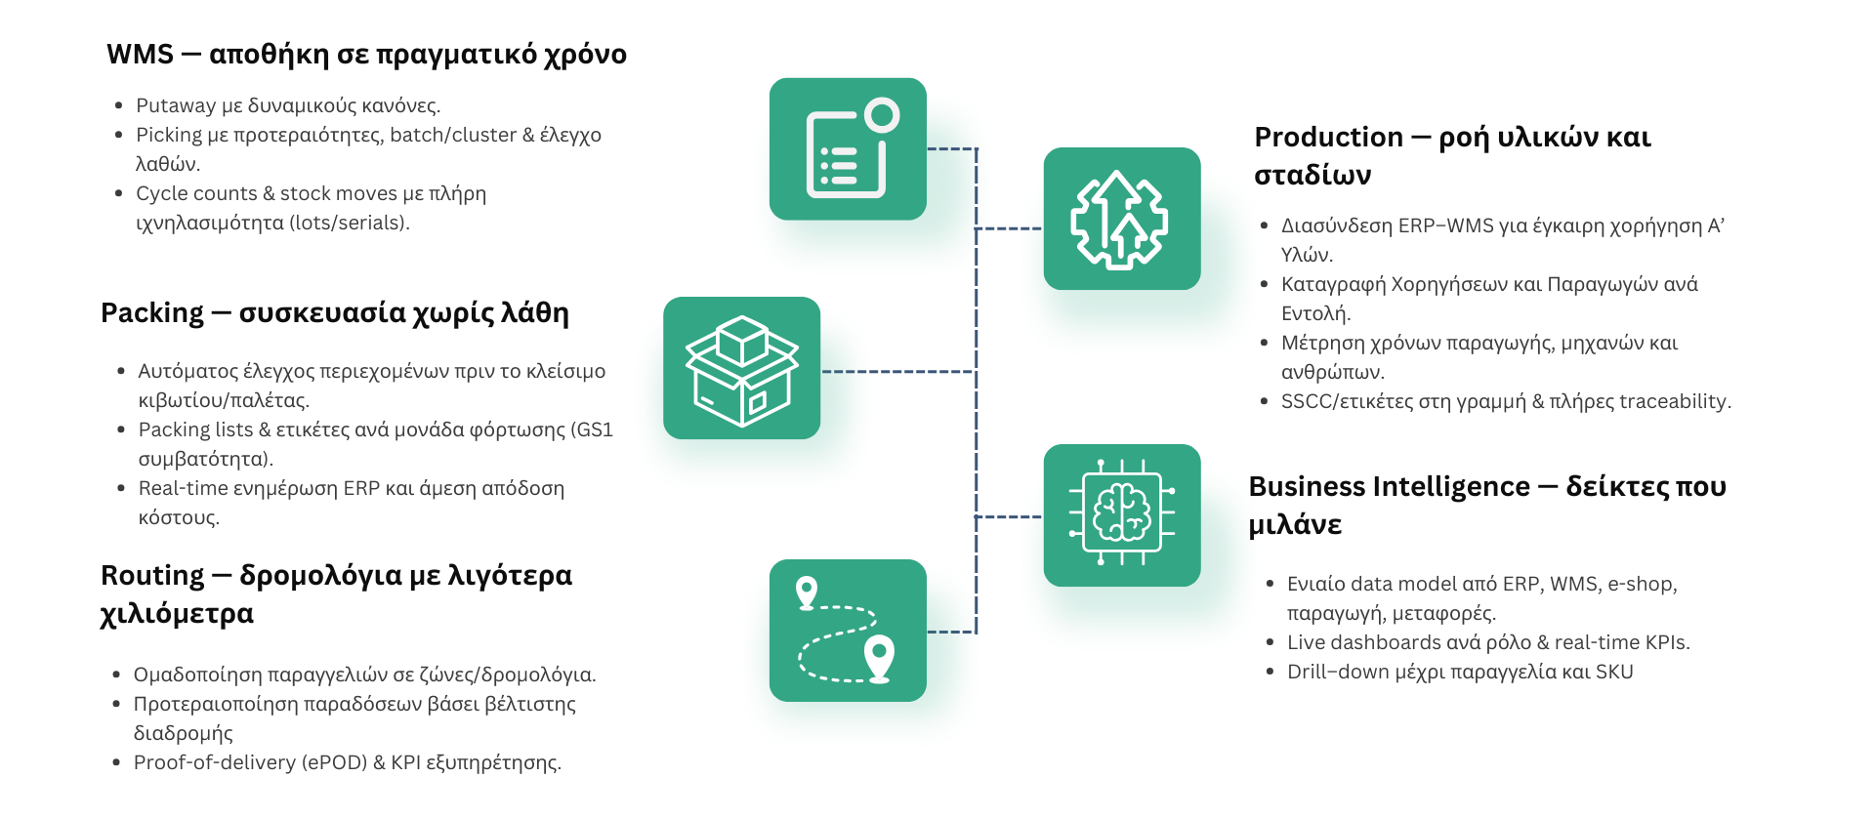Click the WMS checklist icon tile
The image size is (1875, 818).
[848, 149]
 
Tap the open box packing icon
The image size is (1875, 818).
[741, 368]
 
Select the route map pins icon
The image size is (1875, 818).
[848, 631]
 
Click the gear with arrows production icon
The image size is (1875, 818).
[1121, 219]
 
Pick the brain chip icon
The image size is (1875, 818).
[1121, 515]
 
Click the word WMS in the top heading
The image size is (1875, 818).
[140, 54]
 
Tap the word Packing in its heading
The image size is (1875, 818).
[151, 312]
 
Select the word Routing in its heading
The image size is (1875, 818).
[151, 576]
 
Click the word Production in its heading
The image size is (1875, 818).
[1328, 138]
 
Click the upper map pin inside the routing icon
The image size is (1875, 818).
[807, 592]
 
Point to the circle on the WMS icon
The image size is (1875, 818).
[882, 115]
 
